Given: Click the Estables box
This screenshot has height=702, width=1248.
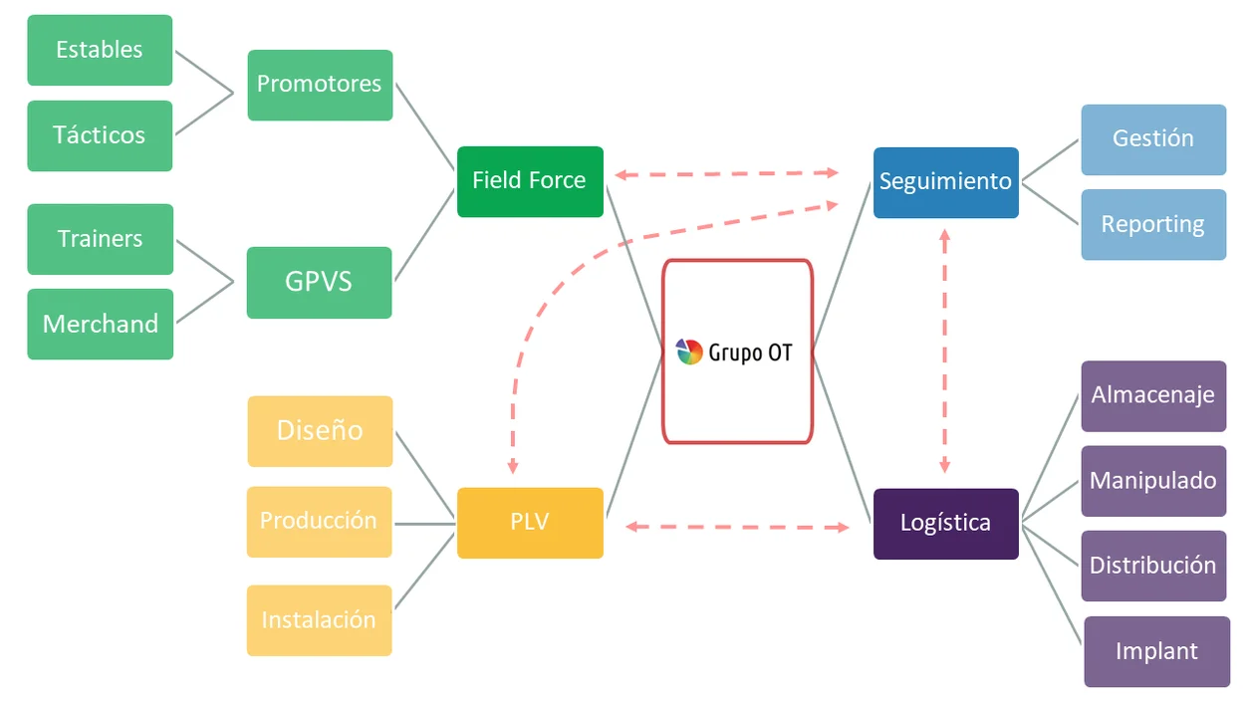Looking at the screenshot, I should tap(100, 50).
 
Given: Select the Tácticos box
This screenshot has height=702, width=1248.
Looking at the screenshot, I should tap(100, 135).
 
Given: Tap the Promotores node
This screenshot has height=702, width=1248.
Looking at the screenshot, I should tap(320, 85).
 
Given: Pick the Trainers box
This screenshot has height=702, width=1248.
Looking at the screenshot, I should tap(100, 239).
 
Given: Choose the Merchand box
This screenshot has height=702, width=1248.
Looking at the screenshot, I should tap(100, 324).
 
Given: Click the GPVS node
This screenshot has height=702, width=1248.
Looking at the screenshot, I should tap(319, 282).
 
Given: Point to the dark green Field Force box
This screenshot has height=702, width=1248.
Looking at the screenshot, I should tap(530, 181).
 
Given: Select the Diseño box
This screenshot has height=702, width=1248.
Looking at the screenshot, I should tap(320, 431).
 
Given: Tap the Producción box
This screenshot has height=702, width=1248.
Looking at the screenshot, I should tap(319, 521).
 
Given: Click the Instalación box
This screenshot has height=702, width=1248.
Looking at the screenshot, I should tap(319, 620).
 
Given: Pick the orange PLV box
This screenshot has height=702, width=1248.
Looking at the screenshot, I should tap(530, 523).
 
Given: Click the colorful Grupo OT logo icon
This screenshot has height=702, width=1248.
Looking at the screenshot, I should tap(689, 351).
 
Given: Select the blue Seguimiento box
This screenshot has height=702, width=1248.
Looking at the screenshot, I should tap(945, 182).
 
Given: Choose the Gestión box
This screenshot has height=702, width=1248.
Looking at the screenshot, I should tap(1153, 139).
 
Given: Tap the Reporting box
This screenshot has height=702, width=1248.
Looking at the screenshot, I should tap(1153, 225).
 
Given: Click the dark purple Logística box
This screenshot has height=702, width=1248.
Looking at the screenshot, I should tap(945, 524).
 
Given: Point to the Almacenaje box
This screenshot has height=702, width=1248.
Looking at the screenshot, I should tap(1153, 395).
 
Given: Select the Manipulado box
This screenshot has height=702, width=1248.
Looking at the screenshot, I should tap(1153, 481).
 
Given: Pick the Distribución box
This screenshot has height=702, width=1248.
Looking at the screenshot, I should tap(1153, 566).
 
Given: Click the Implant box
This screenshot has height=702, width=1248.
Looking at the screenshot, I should tap(1156, 651).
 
